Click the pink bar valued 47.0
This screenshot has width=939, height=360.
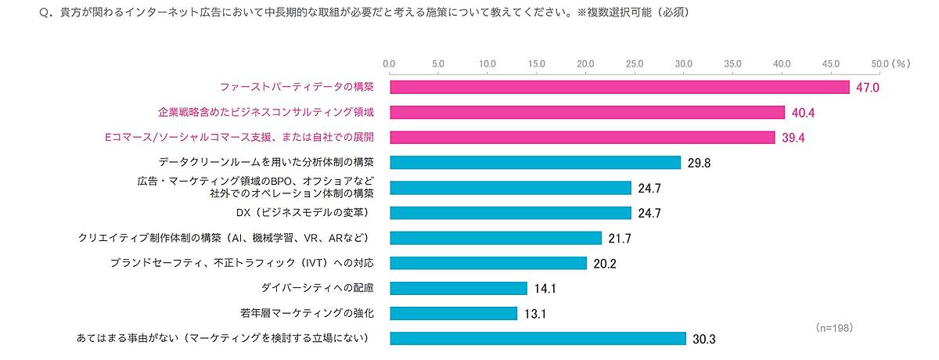pos(619,88)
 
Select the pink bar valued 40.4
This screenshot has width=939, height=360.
pos(587,113)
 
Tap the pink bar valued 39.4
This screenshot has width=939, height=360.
pos(582,138)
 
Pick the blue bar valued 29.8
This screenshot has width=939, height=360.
pos(535,163)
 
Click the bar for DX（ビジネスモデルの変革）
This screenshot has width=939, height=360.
pos(510,213)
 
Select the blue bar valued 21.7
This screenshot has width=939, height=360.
pos(495,238)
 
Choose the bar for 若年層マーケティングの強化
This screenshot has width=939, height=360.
pos(453,313)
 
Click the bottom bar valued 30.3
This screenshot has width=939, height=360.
pos(538,338)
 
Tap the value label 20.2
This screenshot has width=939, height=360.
pos(605,264)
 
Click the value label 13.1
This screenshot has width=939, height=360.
pos(535,314)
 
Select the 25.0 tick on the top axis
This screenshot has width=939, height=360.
pos(635,63)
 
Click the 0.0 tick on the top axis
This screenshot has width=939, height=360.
pos(389,63)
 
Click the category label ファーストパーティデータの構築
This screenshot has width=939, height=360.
pos(297,88)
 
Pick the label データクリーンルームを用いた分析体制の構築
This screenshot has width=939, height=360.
pos(266,163)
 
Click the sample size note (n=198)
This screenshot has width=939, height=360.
pos(833,326)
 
